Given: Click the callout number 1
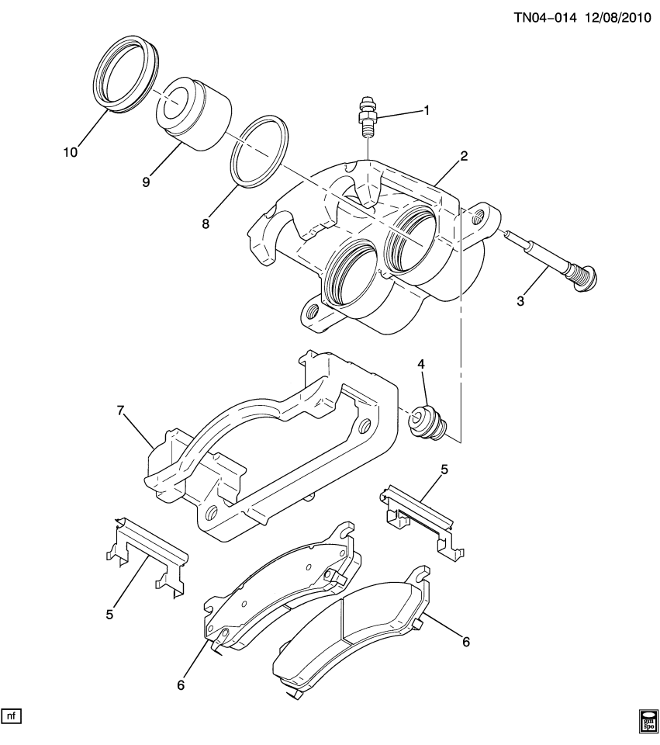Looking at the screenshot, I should pos(426,111).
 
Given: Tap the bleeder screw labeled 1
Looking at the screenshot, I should pos(365,116).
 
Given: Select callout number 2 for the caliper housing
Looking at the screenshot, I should pos(464,156).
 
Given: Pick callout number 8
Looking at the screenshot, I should pos(206,223).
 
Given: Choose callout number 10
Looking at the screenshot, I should pos(71,153).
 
